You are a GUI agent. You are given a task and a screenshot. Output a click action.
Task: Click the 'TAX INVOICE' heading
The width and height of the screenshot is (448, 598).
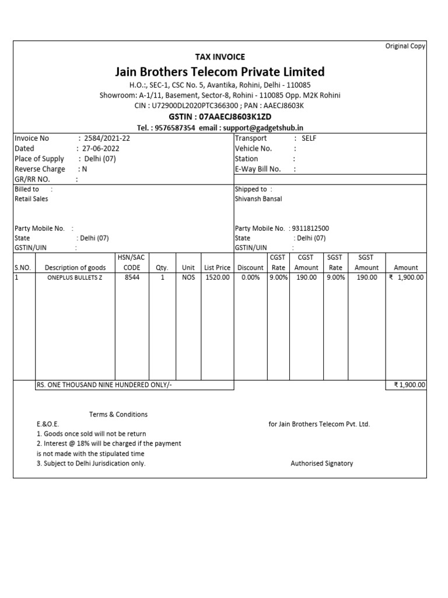click(219, 57)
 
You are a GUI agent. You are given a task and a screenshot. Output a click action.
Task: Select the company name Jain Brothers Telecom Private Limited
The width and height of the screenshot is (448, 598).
click(219, 72)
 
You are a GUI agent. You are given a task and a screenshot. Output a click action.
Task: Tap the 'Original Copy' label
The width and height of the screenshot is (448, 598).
click(405, 46)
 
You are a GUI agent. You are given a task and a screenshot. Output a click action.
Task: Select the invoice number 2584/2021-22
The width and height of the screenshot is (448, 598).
click(108, 138)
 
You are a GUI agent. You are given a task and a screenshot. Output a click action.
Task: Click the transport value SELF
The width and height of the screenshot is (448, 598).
click(309, 138)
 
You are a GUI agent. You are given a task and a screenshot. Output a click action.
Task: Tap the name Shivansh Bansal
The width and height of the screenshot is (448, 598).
click(258, 199)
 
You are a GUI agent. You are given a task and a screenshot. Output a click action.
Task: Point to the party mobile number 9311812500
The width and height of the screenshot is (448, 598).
click(310, 228)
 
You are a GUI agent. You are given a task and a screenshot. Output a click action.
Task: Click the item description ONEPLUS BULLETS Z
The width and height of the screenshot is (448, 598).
click(75, 277)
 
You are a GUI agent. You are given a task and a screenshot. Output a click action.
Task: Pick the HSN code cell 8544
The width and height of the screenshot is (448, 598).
click(132, 277)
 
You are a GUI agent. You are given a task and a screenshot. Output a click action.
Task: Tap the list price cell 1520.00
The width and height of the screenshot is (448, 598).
click(217, 277)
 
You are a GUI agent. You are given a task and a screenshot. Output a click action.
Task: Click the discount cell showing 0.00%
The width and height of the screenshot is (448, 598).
click(250, 277)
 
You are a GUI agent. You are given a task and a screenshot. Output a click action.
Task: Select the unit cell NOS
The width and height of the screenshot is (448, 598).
click(188, 277)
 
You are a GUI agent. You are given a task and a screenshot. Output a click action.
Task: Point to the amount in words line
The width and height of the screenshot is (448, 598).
click(104, 385)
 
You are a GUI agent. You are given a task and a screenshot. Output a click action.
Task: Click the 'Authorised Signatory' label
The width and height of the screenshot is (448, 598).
click(321, 463)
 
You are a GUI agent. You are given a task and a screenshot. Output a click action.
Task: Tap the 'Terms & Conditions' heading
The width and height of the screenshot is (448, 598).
click(118, 414)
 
